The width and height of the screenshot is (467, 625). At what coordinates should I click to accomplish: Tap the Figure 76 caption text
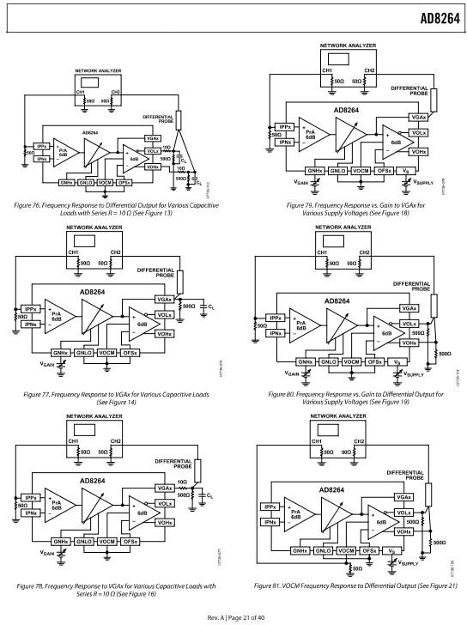[x=118, y=208]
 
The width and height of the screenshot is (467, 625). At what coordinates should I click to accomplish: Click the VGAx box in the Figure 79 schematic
[x=418, y=116]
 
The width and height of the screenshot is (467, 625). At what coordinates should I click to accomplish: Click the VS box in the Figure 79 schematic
[x=394, y=171]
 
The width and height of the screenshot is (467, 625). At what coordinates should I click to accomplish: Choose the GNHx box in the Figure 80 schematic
[x=304, y=361]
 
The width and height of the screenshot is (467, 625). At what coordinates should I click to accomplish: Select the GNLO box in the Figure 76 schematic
[x=86, y=183]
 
